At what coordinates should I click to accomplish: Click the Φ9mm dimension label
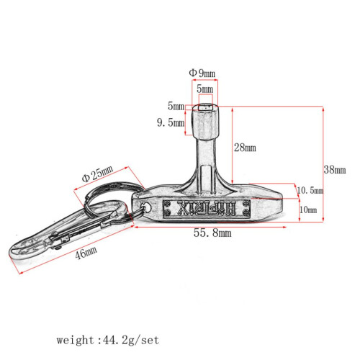[202, 73]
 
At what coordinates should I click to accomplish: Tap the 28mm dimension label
[245, 148]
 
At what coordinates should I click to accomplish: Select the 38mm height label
[335, 170]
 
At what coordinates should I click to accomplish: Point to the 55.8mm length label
[212, 233]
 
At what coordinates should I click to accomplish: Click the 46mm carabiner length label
[86, 253]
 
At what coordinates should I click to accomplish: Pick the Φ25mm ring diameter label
[97, 174]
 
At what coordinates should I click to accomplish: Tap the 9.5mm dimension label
[171, 122]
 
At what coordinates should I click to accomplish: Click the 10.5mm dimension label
[310, 190]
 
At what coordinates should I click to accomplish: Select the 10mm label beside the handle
[308, 210]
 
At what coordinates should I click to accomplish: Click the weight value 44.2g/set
[131, 340]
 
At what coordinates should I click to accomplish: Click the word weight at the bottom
[75, 340]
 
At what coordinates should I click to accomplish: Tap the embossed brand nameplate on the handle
[207, 208]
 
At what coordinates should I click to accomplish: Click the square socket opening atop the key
[205, 107]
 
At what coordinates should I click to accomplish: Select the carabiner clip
[68, 230]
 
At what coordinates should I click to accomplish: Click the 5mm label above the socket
[204, 89]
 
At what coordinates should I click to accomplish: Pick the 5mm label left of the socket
[176, 106]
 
